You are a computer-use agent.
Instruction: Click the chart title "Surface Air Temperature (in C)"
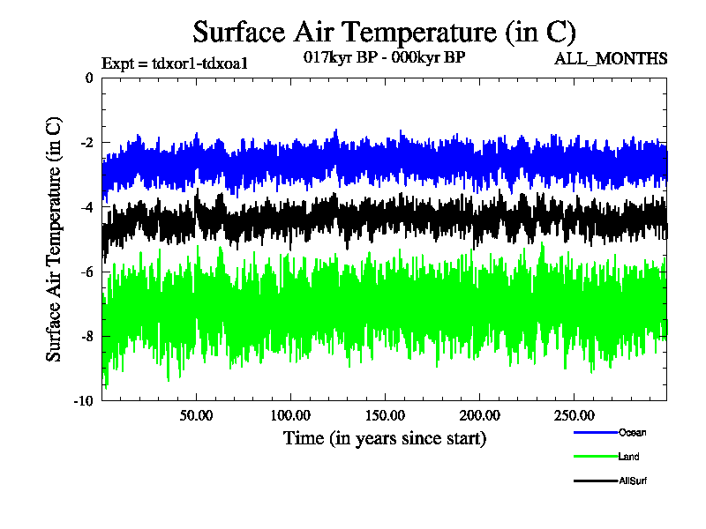pos(384,33)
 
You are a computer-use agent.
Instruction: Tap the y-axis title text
pos(55,238)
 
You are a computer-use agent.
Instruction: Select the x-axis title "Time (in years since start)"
pos(384,438)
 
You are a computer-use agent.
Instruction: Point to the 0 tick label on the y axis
pos(88,78)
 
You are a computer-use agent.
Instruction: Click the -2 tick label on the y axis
pos(86,143)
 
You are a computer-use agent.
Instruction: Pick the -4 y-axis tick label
pos(86,207)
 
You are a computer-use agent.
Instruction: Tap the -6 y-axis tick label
pos(86,272)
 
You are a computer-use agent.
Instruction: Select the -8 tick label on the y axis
pos(86,336)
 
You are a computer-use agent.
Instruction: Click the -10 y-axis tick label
pos(83,400)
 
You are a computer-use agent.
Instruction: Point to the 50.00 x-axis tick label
pos(196,414)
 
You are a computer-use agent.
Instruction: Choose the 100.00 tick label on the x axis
pos(289,414)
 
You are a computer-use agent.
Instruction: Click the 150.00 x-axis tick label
pos(384,414)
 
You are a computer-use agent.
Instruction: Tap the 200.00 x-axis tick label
pos(478,414)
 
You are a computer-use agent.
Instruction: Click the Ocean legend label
pos(632,432)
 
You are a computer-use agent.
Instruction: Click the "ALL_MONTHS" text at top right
pos(610,59)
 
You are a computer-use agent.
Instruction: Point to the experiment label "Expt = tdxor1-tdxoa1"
pos(174,63)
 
